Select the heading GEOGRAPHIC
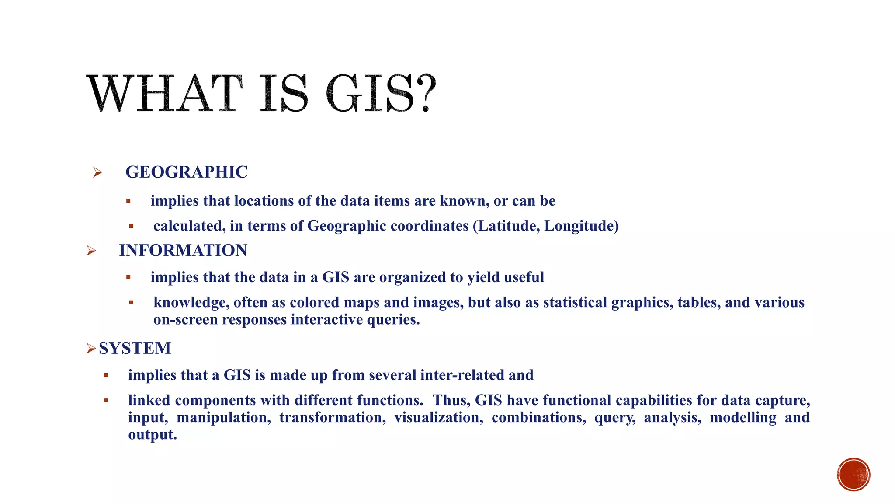[187, 172]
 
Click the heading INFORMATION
[183, 250]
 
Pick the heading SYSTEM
[135, 348]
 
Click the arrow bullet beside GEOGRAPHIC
[97, 172]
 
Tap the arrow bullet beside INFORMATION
[91, 251]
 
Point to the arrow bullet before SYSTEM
[91, 349]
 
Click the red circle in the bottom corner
[853, 475]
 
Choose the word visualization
[439, 417]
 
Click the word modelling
[743, 417]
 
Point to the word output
[152, 434]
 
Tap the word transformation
[333, 417]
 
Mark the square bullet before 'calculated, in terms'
[131, 226]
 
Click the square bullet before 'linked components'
[106, 400]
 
